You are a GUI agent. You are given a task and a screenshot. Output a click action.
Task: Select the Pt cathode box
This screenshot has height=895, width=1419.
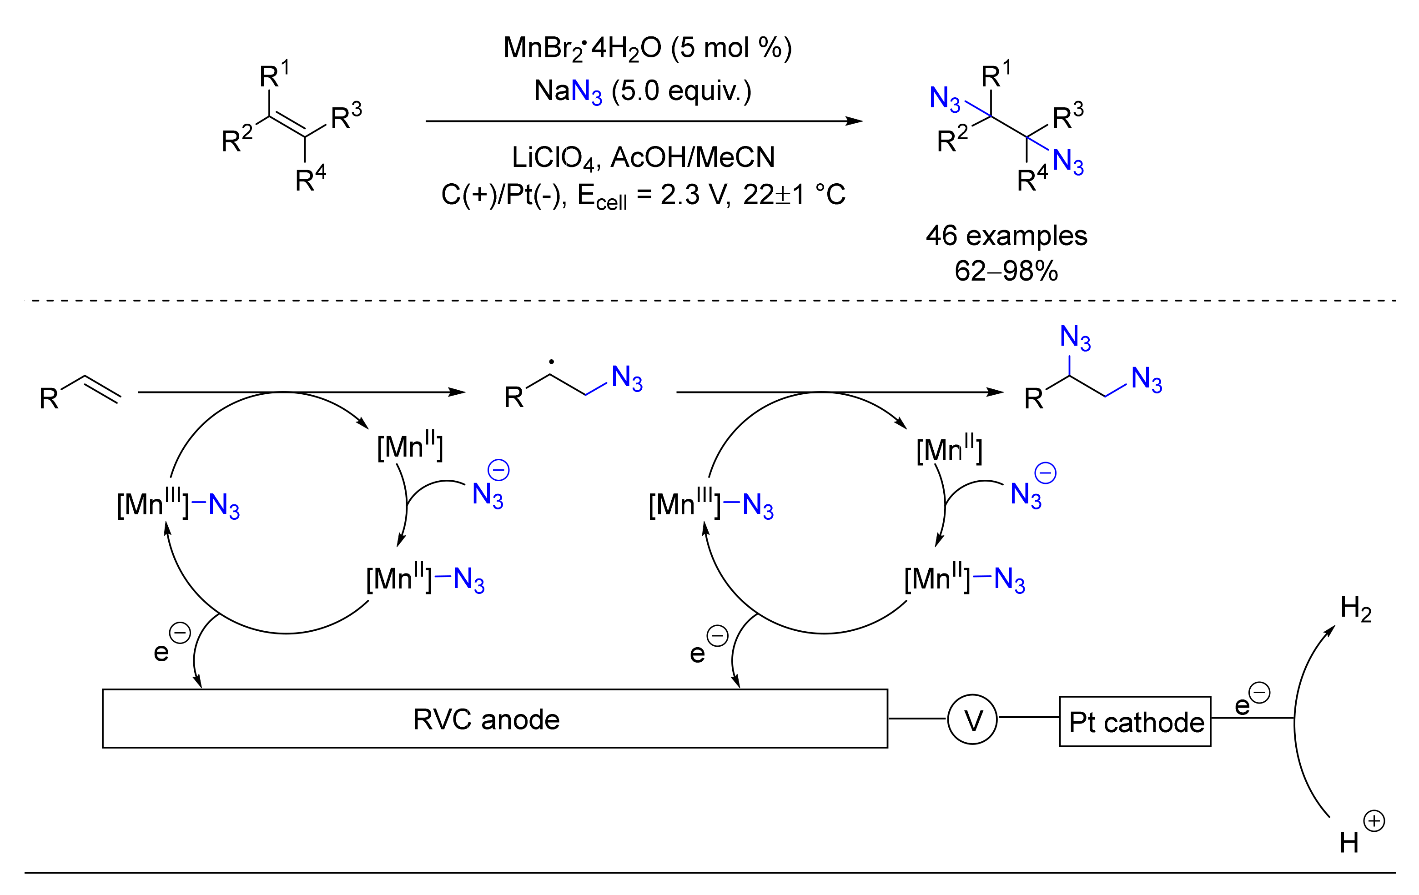click(x=1134, y=722)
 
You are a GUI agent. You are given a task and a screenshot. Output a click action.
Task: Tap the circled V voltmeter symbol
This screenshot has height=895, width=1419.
click(x=972, y=719)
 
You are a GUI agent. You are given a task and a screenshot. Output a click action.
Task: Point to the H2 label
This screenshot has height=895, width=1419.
click(x=1355, y=608)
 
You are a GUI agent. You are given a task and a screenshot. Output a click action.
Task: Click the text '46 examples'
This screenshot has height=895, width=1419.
click(x=1006, y=236)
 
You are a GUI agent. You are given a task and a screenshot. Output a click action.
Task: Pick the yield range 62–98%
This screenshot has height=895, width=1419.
click(x=1006, y=271)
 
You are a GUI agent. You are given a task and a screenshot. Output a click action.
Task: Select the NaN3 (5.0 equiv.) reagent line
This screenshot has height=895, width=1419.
click(x=642, y=91)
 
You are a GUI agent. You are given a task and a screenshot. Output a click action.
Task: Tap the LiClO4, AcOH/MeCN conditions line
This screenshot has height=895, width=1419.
click(x=642, y=158)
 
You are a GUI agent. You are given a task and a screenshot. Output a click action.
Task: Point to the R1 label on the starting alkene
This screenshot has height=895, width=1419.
click(x=274, y=75)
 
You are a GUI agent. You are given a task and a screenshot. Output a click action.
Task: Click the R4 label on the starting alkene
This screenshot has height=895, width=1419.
click(x=310, y=179)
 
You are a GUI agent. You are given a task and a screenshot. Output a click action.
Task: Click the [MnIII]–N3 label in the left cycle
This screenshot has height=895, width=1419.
click(x=178, y=504)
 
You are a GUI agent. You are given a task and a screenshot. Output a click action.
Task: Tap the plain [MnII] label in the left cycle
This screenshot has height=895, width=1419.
click(x=409, y=446)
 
